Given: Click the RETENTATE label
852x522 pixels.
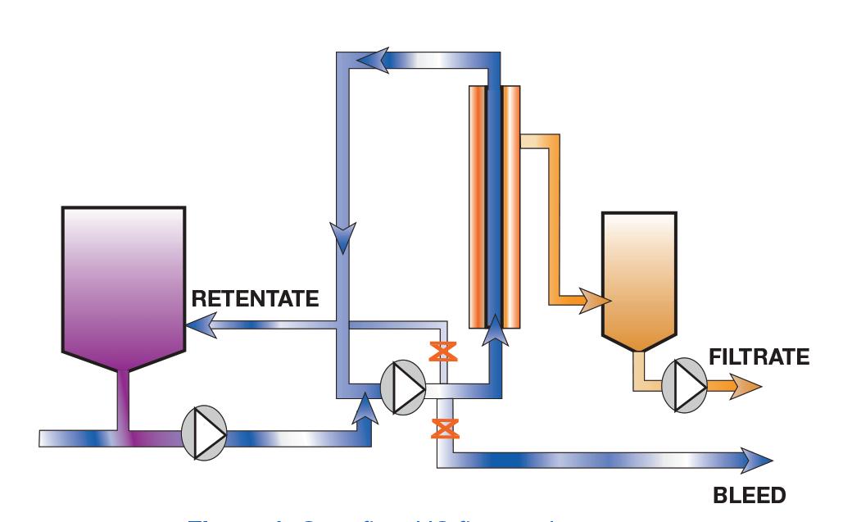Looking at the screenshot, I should click(x=255, y=298).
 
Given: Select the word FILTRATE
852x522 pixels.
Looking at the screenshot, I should click(x=759, y=356).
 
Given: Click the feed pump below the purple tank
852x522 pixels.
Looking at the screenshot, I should click(x=203, y=429).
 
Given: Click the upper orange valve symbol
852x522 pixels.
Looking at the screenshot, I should click(x=443, y=352).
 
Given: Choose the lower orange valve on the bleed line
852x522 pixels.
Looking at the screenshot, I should click(x=445, y=428).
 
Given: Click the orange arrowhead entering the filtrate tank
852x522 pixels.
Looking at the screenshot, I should click(x=595, y=301).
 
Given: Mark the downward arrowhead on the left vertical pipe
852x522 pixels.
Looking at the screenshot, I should click(x=342, y=238).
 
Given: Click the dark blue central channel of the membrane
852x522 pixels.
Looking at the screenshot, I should click(x=494, y=205).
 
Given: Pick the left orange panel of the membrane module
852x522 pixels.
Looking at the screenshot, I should click(x=476, y=205).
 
